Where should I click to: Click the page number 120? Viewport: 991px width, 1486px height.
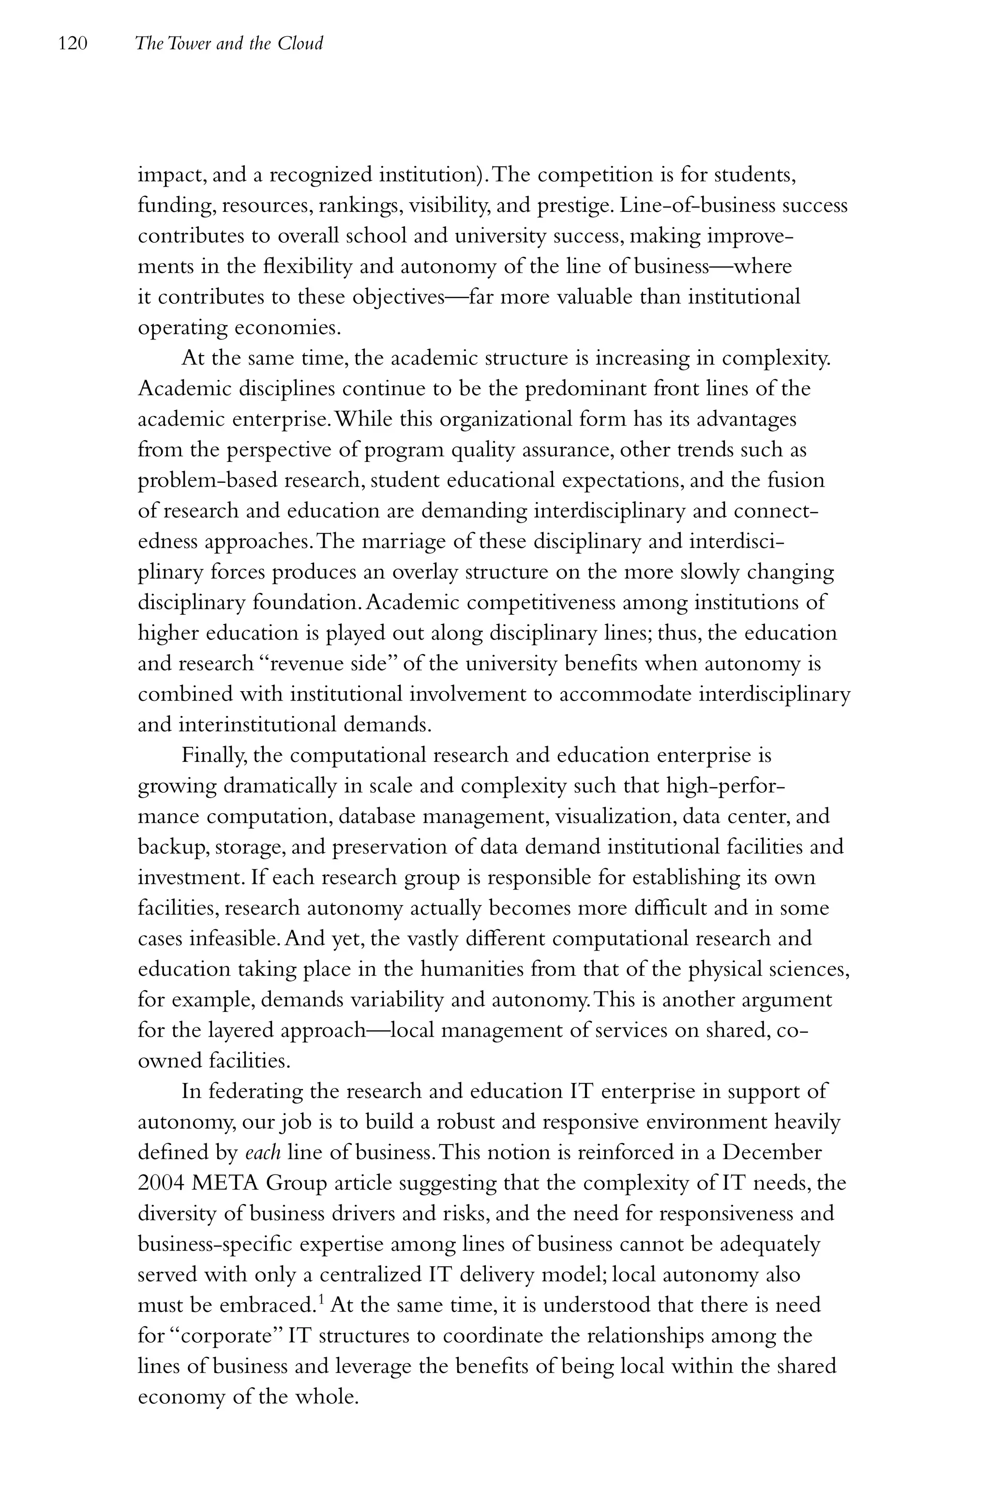tap(72, 44)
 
